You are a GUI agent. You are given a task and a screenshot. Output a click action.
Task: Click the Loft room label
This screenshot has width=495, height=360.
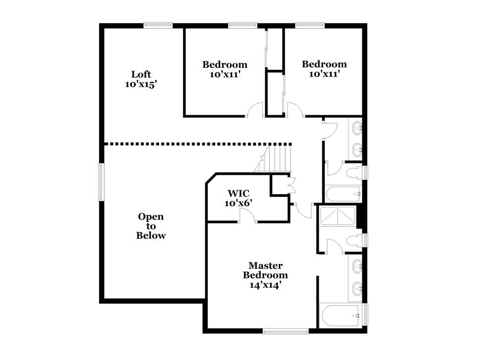[x=141, y=74]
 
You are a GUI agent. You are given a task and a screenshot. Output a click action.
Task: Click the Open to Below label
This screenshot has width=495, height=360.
[x=151, y=226]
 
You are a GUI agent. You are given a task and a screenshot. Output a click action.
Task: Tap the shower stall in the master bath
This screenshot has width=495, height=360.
[x=338, y=216]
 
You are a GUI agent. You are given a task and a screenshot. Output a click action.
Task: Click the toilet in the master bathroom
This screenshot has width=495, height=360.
[x=354, y=241]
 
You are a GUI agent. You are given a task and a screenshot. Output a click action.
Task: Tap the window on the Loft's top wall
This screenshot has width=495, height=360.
[x=158, y=25]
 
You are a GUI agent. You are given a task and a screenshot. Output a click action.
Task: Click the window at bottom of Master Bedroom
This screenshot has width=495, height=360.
[x=279, y=331]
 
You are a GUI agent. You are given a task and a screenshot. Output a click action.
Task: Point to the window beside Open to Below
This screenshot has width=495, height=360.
[x=101, y=182]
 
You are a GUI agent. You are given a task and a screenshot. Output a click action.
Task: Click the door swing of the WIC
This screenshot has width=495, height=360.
[x=247, y=215]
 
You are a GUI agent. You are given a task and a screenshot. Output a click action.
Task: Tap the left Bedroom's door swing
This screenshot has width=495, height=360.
[x=256, y=110]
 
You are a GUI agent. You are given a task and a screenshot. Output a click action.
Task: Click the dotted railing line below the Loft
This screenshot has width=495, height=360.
[x=198, y=144]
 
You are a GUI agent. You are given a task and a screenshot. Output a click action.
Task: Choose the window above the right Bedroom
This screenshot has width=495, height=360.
[x=310, y=25]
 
